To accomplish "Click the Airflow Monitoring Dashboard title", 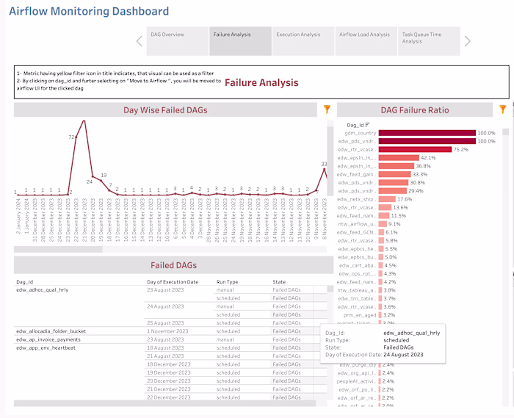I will [89, 12].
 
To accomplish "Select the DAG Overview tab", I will [167, 35].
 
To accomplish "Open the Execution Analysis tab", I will [298, 35].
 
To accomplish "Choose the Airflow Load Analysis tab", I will [364, 35].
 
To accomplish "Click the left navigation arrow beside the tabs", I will [140, 41].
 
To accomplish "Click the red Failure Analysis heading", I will [261, 83].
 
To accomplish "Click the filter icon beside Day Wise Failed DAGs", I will [327, 109].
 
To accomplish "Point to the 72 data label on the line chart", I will [73, 137].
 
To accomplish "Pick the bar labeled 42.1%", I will [399, 158].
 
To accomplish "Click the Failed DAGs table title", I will [173, 265].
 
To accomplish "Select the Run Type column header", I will [228, 281].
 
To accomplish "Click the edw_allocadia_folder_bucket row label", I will [51, 331].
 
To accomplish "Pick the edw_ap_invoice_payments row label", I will [48, 339].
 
